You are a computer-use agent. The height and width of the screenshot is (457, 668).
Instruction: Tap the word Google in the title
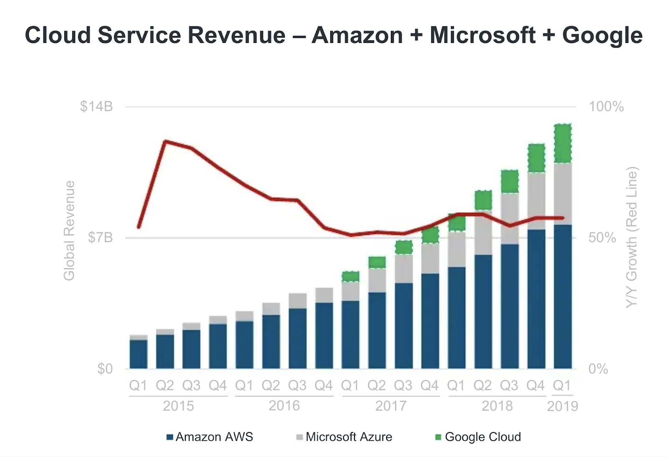(602, 35)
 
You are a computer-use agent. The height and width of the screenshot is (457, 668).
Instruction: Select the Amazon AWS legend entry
(210, 437)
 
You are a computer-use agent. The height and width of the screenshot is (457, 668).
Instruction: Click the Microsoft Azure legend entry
(344, 437)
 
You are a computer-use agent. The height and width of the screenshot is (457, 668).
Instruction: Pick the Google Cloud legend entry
(478, 437)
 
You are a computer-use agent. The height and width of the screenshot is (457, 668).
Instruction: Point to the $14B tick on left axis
(96, 107)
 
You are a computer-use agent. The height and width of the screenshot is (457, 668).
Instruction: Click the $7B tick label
(100, 238)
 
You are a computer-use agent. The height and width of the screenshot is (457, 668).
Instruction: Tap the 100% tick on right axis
(606, 107)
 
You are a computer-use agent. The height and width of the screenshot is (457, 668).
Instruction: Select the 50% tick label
(602, 238)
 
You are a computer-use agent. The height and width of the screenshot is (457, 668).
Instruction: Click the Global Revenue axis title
(69, 230)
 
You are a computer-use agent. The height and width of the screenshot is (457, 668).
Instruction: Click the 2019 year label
(562, 406)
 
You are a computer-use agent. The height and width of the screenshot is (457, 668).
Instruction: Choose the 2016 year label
(284, 406)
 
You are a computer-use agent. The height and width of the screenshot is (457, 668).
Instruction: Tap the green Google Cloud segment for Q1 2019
(562, 143)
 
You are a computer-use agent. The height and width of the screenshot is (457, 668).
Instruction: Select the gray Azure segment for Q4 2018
(536, 201)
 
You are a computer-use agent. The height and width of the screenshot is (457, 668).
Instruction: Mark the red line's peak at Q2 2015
(165, 141)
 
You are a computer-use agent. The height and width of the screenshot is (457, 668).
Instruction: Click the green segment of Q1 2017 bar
(350, 276)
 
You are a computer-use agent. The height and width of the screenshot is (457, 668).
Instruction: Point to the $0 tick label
(105, 369)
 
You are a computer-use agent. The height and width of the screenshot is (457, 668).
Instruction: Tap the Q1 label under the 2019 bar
(562, 385)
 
